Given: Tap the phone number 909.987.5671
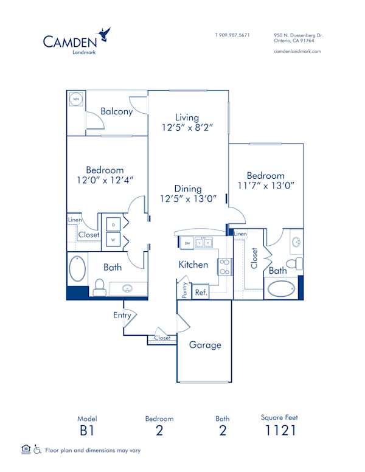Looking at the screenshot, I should (232, 35).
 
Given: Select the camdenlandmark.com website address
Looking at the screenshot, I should (297, 52).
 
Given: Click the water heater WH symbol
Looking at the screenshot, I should (76, 100).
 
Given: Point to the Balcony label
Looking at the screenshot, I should (116, 112).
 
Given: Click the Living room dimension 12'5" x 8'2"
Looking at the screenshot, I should (187, 128).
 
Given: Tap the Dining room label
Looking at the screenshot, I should (187, 189).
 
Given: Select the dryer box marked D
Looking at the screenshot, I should (113, 225).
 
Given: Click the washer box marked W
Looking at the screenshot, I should (113, 240).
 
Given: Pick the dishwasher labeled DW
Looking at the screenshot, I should (187, 243).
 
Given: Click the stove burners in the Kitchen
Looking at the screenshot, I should (224, 266).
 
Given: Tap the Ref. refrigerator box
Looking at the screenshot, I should (201, 293).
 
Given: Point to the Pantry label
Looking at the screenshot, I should (184, 290).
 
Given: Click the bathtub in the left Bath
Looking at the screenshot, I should (78, 271).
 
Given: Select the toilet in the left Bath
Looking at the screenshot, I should (99, 285).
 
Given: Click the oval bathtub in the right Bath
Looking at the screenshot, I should (282, 288).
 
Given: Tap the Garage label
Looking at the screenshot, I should (205, 345).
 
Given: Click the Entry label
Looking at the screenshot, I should (122, 315).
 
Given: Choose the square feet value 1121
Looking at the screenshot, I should (280, 431).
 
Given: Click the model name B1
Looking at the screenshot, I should (87, 431).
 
